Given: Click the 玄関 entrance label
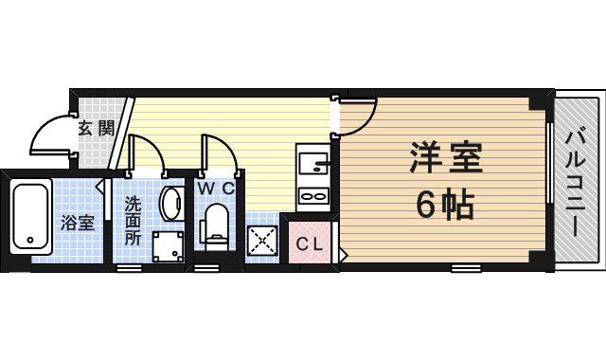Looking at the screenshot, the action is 97,128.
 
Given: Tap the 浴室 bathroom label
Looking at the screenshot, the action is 78,224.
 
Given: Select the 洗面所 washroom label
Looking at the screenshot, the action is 133,221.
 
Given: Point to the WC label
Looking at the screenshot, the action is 217,189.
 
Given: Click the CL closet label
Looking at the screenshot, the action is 310,244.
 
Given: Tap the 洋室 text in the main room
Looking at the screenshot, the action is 446,158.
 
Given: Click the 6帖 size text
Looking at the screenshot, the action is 445,205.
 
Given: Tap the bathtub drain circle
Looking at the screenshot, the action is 30,240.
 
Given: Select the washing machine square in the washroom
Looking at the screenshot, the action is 169,246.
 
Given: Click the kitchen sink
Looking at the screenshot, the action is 313,164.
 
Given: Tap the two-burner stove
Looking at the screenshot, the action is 313,196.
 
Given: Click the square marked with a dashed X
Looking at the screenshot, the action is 262,241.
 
